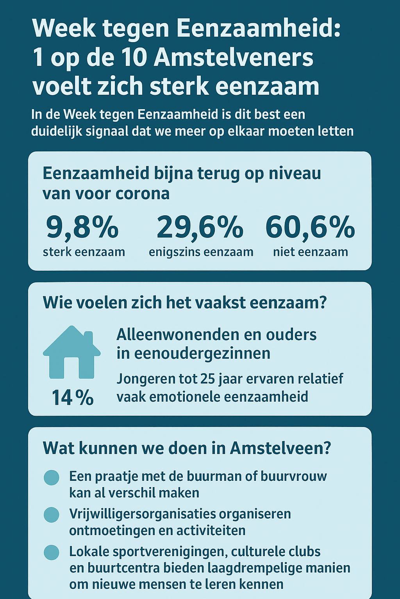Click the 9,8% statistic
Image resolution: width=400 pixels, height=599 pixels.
coord(82,227)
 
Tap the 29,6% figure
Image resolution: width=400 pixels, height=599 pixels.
coord(200,227)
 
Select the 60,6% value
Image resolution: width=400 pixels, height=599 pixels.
coord(310,227)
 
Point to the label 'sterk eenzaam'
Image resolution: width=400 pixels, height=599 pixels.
coord(84,252)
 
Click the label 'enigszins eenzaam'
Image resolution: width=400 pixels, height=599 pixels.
coord(201,252)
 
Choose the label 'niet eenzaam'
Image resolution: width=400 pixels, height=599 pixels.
coord(311,252)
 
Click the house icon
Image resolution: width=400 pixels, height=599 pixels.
coord(72,353)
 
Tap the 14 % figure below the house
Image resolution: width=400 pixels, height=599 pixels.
coord(73,398)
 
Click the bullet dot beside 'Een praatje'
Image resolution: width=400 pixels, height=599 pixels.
coord(52,477)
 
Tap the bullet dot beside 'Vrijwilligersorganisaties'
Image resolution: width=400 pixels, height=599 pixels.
coord(52,515)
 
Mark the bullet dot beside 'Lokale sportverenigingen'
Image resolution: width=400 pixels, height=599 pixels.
coord(52,552)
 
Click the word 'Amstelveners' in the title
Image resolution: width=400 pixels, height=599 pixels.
coord(234,58)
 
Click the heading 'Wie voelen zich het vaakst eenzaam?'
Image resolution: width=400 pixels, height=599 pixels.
coord(184,303)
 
